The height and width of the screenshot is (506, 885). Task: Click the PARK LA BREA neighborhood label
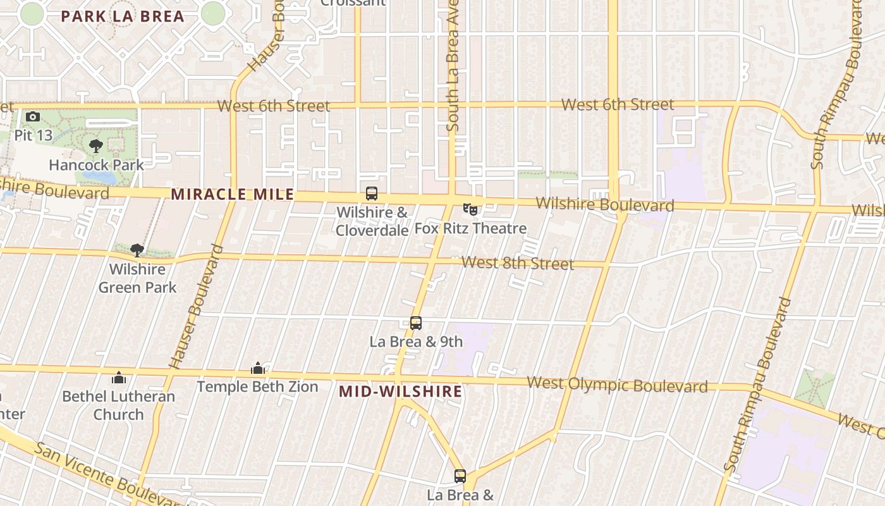click(123, 16)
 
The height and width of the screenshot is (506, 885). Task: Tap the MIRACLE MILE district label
click(233, 194)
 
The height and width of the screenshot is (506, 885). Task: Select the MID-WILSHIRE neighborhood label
click(400, 392)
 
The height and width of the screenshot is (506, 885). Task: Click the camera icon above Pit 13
click(33, 117)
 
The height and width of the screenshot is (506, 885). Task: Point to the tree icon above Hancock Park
click(96, 147)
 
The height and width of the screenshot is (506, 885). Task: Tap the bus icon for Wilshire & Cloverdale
click(372, 194)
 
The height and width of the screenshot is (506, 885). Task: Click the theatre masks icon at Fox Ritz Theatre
click(470, 209)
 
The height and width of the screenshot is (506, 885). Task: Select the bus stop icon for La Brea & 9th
click(415, 323)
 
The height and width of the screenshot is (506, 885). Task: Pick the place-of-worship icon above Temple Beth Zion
click(257, 368)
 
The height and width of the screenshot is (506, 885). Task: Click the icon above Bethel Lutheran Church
click(118, 378)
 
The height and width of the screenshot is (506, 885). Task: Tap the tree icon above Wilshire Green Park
click(137, 250)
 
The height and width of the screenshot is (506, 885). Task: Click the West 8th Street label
click(518, 263)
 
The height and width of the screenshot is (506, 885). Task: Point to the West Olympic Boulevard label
click(617, 385)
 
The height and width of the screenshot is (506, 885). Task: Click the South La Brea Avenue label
click(452, 70)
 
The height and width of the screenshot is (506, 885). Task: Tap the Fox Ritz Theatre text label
click(470, 228)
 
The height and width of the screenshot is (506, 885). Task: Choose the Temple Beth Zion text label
click(257, 386)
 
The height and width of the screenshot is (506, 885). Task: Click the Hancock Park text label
click(96, 165)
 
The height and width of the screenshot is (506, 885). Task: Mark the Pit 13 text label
click(33, 135)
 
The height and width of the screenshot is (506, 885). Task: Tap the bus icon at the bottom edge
click(460, 476)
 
